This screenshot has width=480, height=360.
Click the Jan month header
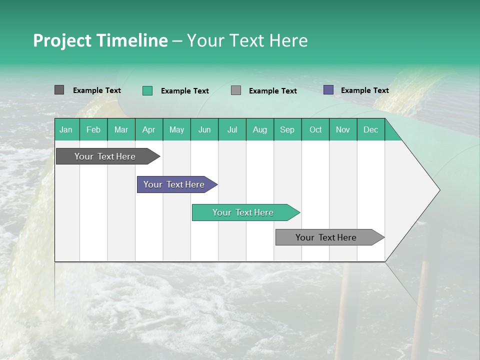coord(66,129)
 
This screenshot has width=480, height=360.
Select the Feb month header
coord(93,129)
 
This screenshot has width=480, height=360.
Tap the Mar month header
coord(121,129)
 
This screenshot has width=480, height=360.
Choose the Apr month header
coord(149,129)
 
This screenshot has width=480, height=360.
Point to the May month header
coord(176,129)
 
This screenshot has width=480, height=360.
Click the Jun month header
coord(204,129)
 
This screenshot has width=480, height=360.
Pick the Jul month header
coord(232,129)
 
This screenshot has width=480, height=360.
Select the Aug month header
coord(260,129)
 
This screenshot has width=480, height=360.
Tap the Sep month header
coord(287,129)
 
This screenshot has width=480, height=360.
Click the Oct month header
coord(315,129)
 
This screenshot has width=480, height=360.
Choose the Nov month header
coord(343,129)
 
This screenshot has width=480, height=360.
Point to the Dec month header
coord(371,129)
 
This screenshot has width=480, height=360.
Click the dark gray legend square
coord(59,90)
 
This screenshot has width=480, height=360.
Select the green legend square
coord(147,90)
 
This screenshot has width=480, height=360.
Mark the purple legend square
coord(328,90)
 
